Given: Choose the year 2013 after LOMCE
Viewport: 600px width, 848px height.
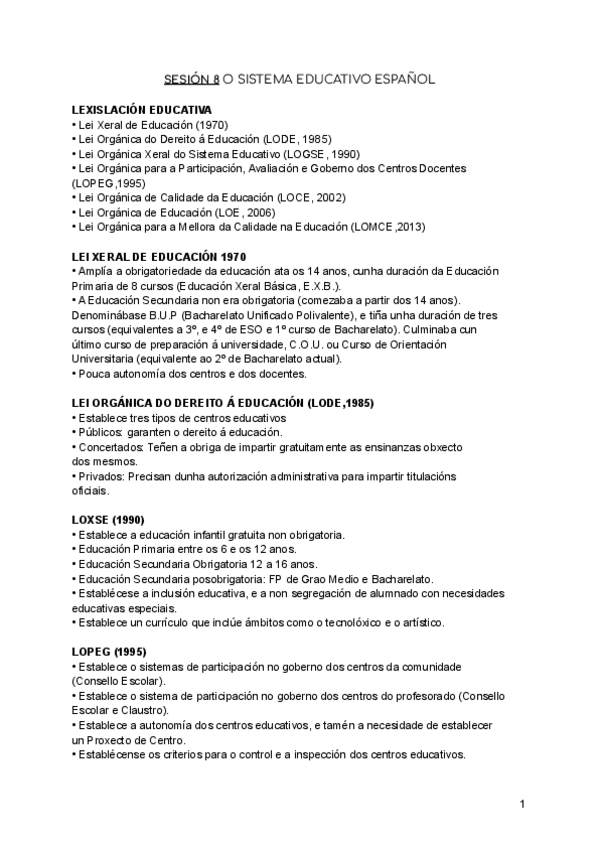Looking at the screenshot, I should point(408,227).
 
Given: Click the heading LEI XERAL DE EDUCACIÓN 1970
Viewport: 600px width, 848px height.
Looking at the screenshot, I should point(159,257).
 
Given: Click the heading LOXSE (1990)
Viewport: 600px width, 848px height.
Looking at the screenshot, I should point(109,520).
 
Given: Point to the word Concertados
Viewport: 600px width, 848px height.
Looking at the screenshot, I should point(112,447).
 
